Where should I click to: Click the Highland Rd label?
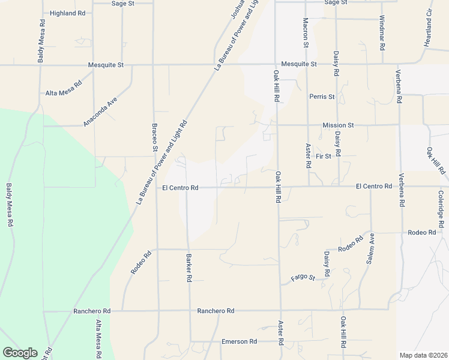[x=67, y=13]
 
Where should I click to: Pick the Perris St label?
[x=322, y=96]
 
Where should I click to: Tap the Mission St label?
[x=338, y=125]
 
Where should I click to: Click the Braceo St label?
[x=154, y=137]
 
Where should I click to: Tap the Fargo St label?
[x=303, y=277]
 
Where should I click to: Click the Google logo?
[x=20, y=353]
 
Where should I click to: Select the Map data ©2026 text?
[x=423, y=355]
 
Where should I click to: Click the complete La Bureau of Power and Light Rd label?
[x=163, y=161]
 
